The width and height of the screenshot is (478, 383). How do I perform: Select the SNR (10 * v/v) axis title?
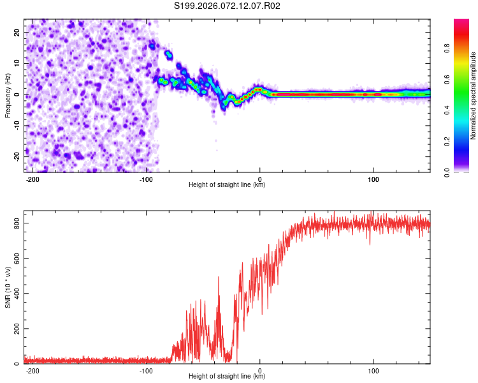(8, 287)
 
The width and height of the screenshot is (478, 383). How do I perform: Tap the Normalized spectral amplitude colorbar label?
(474, 96)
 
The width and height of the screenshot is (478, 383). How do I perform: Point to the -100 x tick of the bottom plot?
(145, 370)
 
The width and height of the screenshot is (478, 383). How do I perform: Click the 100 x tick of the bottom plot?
(373, 370)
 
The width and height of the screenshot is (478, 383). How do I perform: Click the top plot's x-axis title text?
(227, 185)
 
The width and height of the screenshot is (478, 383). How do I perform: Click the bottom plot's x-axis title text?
(227, 377)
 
